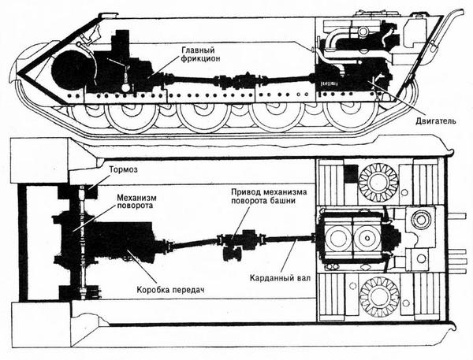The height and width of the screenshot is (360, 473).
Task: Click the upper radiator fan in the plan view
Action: point(378,182)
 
